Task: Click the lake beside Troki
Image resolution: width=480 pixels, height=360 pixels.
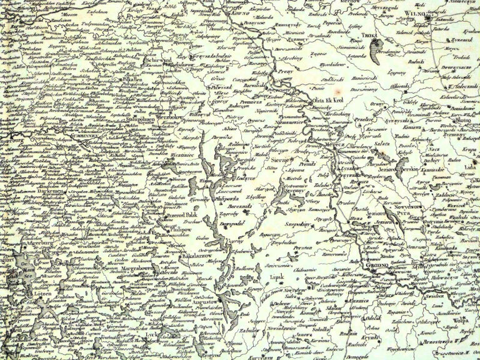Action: click(374, 49)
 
